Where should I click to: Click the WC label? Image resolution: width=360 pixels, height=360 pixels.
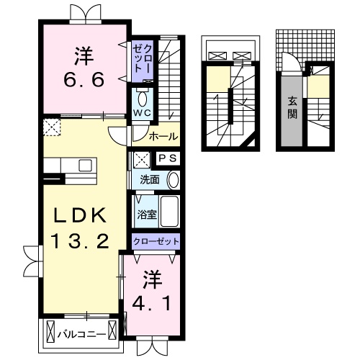point(140,113)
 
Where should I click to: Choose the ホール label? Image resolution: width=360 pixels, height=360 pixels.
point(163,136)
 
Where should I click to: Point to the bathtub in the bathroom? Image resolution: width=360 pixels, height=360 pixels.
point(169,212)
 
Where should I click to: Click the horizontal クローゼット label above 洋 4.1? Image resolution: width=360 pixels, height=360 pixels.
point(155,241)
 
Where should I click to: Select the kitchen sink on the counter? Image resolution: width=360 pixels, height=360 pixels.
point(84,166)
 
